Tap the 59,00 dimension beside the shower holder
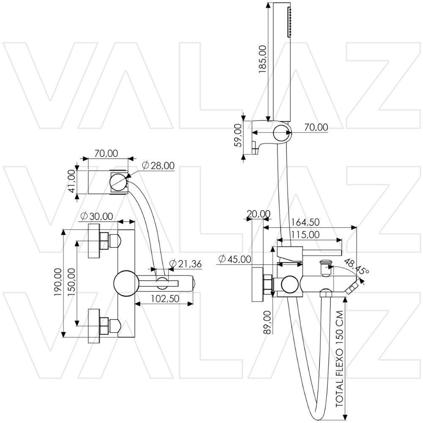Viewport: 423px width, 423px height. click(237, 135)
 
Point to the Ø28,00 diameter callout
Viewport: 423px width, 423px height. click(158, 166)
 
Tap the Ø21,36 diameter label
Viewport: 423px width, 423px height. click(185, 264)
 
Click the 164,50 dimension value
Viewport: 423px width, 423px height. click(305, 222)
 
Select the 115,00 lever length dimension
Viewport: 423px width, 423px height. click(305, 234)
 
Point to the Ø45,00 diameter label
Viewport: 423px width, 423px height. click(235, 259)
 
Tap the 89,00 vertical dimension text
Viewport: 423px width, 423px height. click(267, 323)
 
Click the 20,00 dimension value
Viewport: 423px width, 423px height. click(258, 214)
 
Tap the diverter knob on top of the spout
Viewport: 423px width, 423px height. click(325, 267)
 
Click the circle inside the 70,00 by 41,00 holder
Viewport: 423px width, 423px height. click(118, 182)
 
